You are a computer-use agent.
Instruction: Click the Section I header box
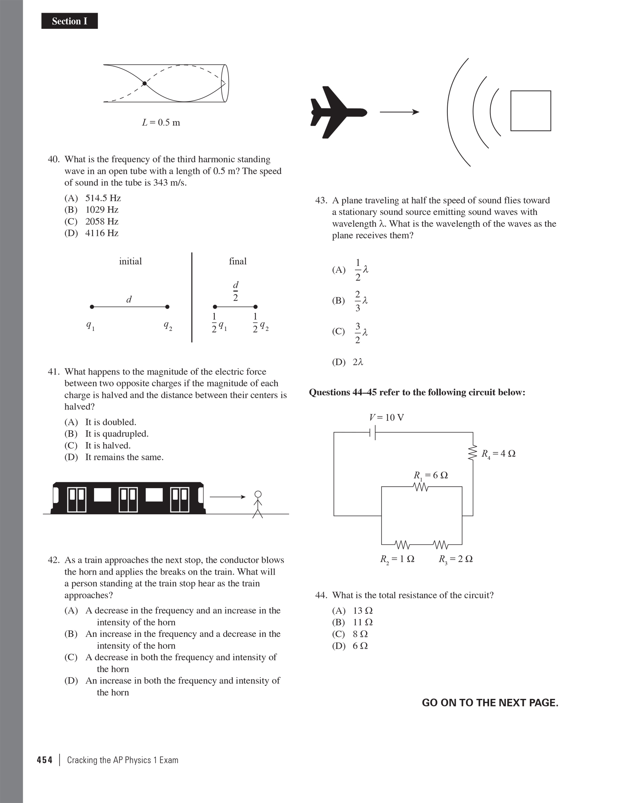(69, 21)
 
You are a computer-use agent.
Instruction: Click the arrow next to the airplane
(399, 112)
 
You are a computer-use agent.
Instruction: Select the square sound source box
(531, 111)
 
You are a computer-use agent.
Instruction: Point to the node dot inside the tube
(145, 83)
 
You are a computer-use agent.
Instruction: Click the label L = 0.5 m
(161, 123)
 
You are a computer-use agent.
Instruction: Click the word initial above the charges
(130, 261)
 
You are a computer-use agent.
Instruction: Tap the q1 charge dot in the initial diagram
(92, 307)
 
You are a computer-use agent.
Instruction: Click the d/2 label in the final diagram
(235, 291)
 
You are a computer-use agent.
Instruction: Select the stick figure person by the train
(258, 504)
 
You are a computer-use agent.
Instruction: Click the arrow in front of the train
(227, 497)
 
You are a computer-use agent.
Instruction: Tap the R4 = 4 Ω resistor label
(498, 454)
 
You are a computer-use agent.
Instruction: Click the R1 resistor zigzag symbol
(421, 487)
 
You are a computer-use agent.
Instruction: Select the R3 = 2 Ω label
(456, 559)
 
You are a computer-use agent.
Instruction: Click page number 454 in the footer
(45, 760)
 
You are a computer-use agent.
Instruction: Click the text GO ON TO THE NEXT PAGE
(490, 703)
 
